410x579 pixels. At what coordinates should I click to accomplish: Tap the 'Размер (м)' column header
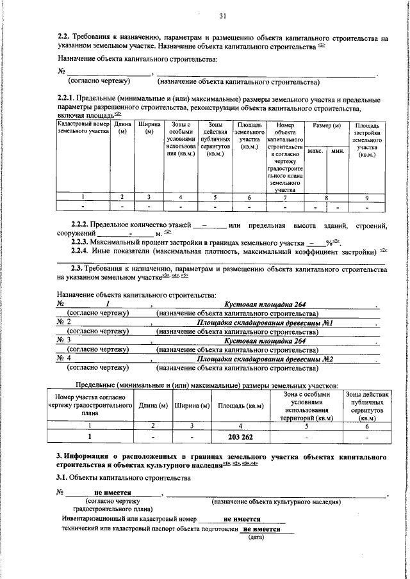(x=326, y=125)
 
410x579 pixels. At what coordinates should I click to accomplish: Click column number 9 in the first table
(x=366, y=197)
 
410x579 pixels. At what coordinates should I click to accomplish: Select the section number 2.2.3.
(x=80, y=243)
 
